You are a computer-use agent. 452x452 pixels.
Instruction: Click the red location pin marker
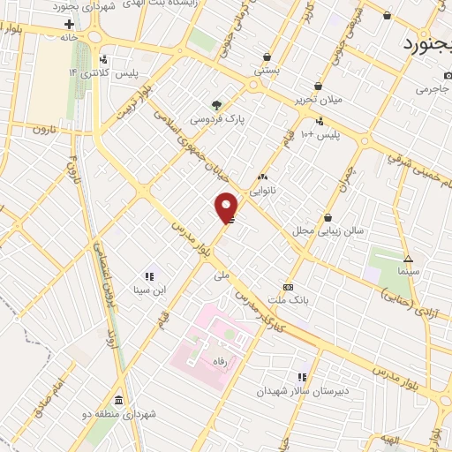coord(227,207)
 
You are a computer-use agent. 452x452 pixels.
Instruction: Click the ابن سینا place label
coord(148,289)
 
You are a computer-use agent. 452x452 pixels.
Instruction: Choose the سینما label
coord(408,273)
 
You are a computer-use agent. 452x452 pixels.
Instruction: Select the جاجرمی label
coord(433,89)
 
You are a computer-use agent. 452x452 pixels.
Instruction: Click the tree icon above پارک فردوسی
coord(216,103)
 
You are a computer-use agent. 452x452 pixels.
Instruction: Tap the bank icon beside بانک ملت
coord(288,288)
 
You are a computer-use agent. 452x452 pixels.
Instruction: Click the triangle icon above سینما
coord(408,259)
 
